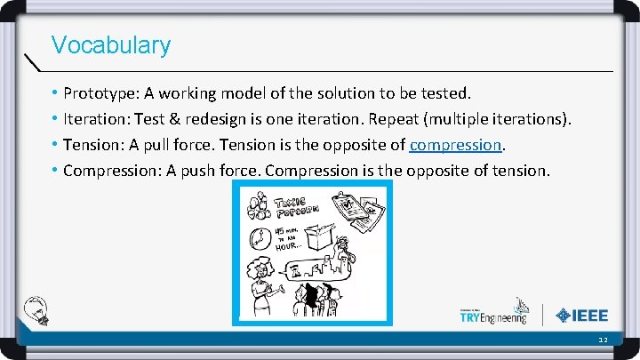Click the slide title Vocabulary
click(x=111, y=44)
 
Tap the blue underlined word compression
click(x=456, y=144)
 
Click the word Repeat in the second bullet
click(x=374, y=118)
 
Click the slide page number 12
click(x=603, y=340)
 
